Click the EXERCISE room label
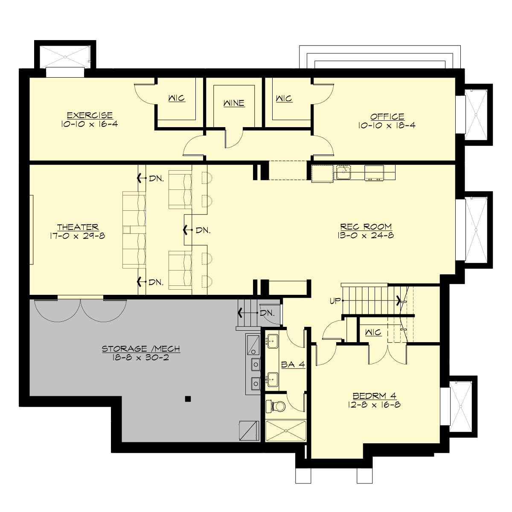point(90,116)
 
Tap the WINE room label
point(234,103)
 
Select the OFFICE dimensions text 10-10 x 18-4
point(387,125)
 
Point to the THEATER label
point(78,227)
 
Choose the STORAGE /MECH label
point(141,349)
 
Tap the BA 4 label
point(293,364)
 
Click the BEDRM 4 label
point(374,396)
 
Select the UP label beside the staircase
point(335,301)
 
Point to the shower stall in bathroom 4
point(286,431)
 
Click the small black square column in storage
point(188,399)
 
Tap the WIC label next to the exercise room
point(177,98)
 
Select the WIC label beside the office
point(284,99)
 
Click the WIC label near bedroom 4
point(373,332)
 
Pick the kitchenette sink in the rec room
point(343,172)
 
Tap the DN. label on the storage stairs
point(267,313)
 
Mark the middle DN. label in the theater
point(203,230)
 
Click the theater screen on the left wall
point(31,230)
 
